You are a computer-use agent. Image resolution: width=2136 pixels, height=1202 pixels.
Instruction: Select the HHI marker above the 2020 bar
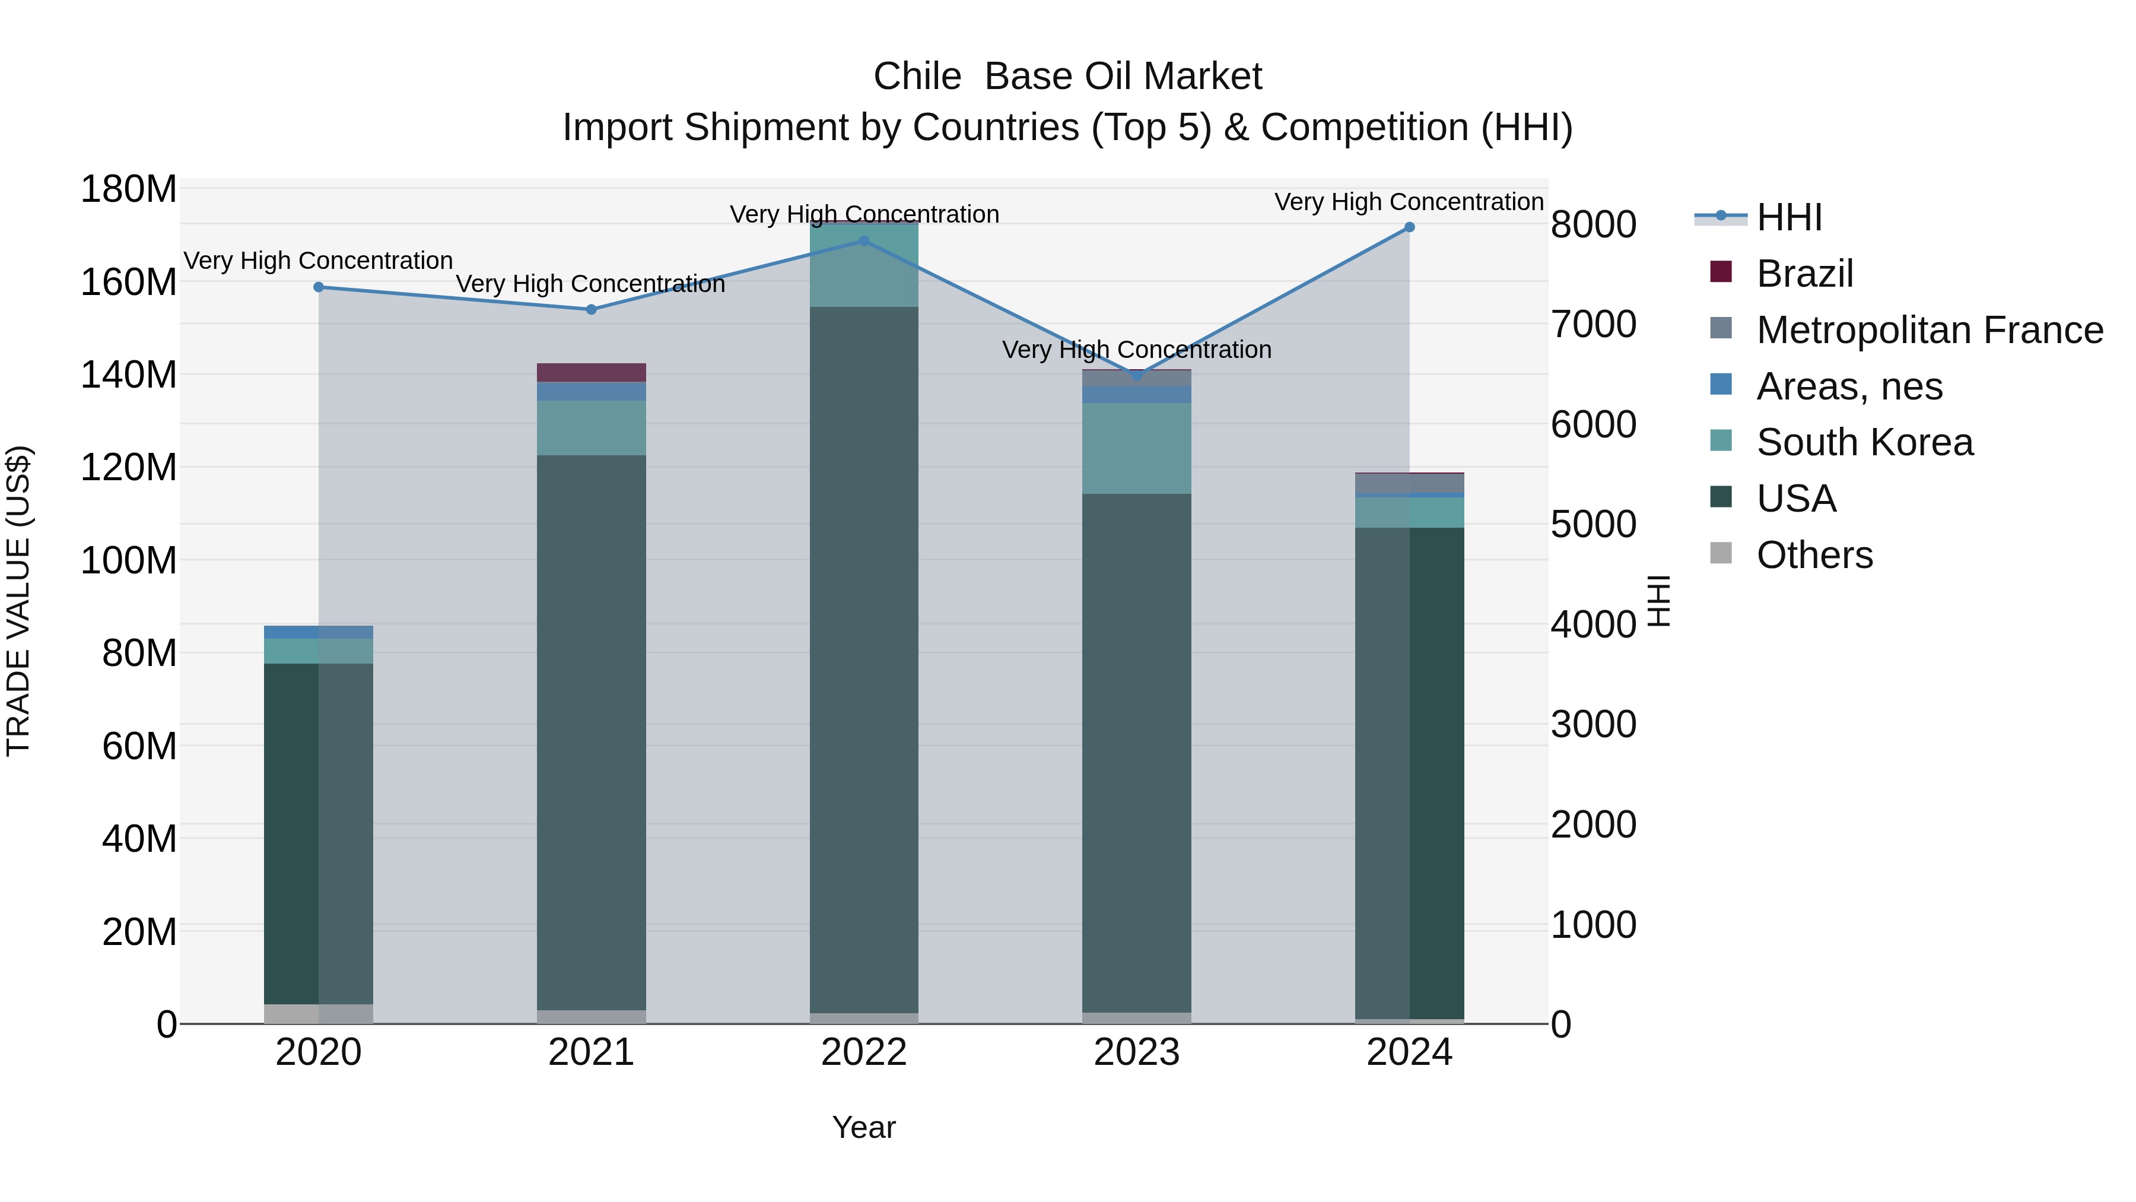(319, 287)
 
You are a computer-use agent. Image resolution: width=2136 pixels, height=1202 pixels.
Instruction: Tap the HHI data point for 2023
(1137, 376)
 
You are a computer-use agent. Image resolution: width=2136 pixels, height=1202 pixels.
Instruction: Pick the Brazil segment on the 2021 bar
(591, 372)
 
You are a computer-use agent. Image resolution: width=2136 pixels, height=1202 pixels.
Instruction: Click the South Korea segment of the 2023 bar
(1137, 448)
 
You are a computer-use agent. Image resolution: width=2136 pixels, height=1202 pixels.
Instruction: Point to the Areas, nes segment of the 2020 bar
(319, 632)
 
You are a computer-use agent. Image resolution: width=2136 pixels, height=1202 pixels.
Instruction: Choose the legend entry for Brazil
(1804, 274)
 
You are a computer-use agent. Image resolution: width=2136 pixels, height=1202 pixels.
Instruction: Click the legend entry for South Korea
(1864, 442)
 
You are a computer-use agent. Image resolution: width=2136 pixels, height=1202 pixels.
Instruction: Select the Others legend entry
(1814, 555)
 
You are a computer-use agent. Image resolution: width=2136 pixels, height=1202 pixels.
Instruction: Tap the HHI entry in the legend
(1789, 217)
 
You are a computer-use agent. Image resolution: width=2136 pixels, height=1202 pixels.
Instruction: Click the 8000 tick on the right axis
(1593, 225)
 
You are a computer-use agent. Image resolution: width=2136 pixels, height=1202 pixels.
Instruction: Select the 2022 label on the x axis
(864, 1052)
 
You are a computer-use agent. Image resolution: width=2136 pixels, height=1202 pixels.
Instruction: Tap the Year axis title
(864, 1127)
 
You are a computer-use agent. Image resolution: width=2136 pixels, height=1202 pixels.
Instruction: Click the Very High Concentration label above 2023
(1137, 350)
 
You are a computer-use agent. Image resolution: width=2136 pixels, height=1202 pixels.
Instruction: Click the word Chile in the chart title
(916, 77)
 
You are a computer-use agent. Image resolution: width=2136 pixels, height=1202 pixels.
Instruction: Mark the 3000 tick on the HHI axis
(1593, 724)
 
